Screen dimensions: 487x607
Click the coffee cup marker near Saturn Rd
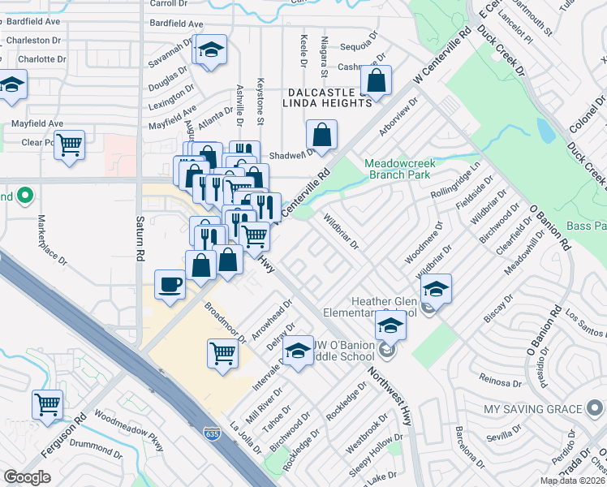click(170, 285)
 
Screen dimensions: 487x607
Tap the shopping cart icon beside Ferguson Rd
click(48, 403)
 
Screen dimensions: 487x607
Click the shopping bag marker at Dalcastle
click(377, 80)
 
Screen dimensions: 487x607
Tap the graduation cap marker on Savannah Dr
click(210, 51)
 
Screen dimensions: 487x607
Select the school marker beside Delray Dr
click(299, 351)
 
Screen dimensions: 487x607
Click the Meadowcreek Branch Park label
click(401, 168)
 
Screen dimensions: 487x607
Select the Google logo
click(27, 477)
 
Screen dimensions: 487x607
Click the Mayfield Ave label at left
click(37, 123)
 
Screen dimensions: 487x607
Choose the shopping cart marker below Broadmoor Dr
click(222, 354)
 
